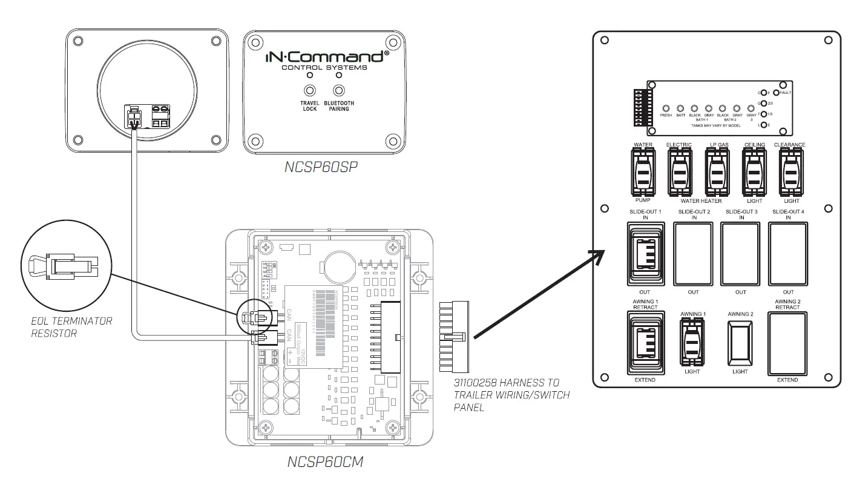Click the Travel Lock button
(x=309, y=91)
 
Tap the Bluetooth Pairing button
(x=339, y=91)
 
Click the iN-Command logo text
(x=326, y=58)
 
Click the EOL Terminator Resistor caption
(x=71, y=327)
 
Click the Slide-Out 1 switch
(x=646, y=254)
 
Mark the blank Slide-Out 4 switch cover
(x=787, y=254)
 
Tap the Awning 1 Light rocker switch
(x=692, y=343)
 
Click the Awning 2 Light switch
(x=740, y=342)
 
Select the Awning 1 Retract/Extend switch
(x=646, y=343)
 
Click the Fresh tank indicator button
(x=666, y=107)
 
